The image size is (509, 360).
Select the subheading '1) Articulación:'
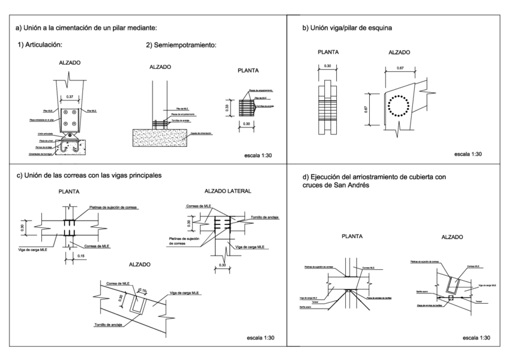[x=41, y=45]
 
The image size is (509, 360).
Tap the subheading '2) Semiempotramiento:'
[x=181, y=45]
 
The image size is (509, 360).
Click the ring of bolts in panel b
[x=397, y=107]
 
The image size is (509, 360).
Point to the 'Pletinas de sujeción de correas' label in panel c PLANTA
[x=113, y=207]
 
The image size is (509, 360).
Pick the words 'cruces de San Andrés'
[x=337, y=186]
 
